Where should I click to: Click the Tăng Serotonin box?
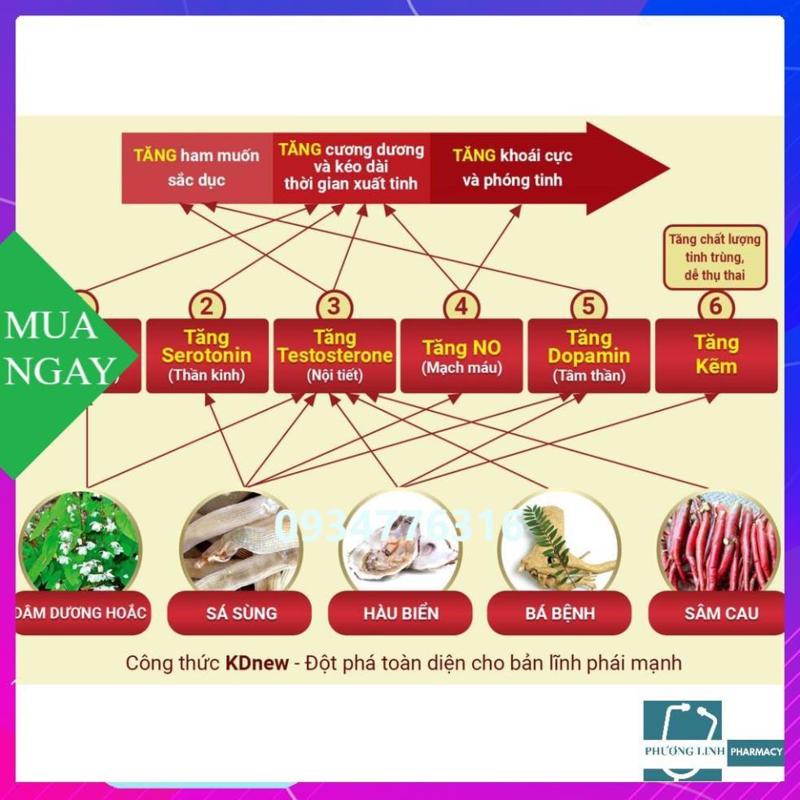207,356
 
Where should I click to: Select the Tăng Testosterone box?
334,356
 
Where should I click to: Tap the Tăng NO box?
461,356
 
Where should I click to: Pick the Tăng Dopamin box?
588,356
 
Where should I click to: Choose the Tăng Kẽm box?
716,356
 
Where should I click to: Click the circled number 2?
207,307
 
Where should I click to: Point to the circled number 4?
461,307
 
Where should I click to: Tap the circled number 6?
716,307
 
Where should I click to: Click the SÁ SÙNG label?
239,613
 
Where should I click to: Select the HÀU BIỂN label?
400,613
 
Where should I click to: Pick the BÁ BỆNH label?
559,613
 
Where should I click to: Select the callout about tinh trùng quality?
715,257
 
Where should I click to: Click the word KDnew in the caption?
256,662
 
